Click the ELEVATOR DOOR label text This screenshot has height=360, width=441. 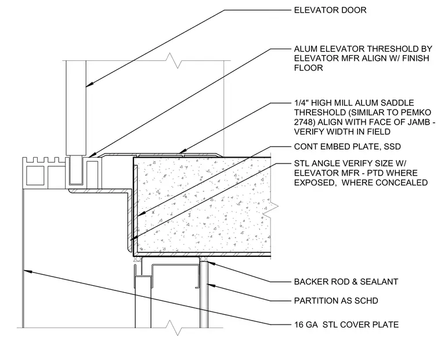pyautogui.click(x=330, y=10)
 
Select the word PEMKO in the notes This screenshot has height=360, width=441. pyautogui.click(x=415, y=112)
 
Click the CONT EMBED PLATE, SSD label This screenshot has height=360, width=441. pyautogui.click(x=348, y=147)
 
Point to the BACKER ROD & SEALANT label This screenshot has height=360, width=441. pyautogui.click(x=346, y=282)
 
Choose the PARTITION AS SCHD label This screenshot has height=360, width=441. pyautogui.click(x=336, y=301)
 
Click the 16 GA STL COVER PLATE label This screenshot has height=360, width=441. pyautogui.click(x=346, y=325)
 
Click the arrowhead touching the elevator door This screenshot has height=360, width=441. pyautogui.click(x=90, y=84)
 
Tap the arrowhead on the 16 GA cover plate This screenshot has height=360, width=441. pyautogui.click(x=27, y=271)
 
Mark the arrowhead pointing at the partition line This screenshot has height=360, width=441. pyautogui.click(x=211, y=286)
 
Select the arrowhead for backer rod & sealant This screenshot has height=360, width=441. pyautogui.click(x=212, y=263)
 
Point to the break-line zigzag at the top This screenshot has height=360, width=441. pyautogui.click(x=173, y=60)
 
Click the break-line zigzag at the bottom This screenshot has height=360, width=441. pyautogui.click(x=173, y=328)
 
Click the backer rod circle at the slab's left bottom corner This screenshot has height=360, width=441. pyautogui.click(x=136, y=259)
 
